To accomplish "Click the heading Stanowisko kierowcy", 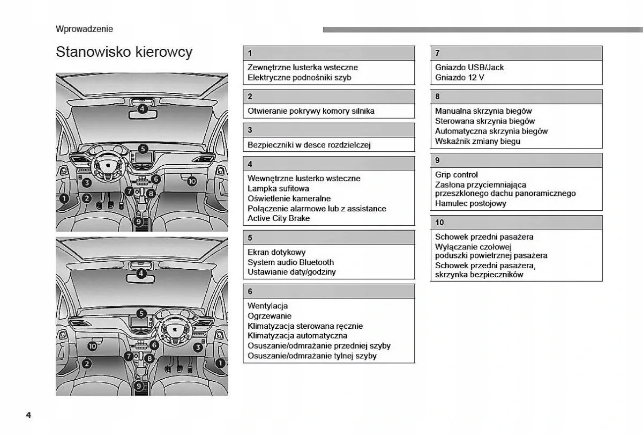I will (124, 53).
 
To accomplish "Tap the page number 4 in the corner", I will (28, 416).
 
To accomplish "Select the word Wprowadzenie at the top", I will (84, 29).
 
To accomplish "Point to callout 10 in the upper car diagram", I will (192, 182).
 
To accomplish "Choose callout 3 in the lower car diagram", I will (197, 347).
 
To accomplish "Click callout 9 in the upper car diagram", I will (138, 221).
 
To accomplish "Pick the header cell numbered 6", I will (328, 291).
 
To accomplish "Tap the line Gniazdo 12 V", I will (460, 77).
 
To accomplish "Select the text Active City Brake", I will (279, 218).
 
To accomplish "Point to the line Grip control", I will (457, 174).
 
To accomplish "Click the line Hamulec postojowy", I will (470, 203).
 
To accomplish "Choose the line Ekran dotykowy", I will (276, 252).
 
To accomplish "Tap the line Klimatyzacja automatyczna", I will (297, 336).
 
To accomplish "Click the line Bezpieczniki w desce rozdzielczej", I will (309, 145).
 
